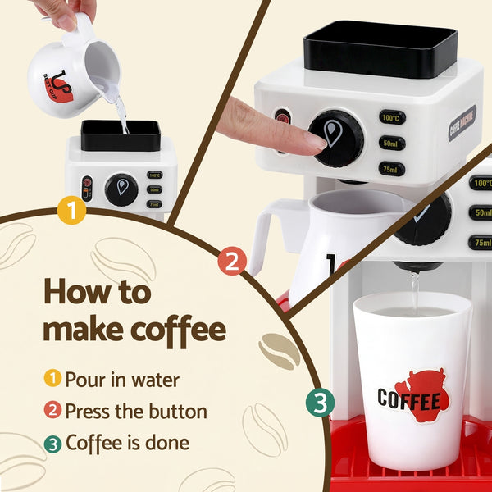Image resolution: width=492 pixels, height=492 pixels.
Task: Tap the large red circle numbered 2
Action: [232, 262]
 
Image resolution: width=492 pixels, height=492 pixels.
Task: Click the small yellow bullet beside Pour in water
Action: [52, 379]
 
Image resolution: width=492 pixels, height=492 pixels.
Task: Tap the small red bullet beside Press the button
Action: [52, 411]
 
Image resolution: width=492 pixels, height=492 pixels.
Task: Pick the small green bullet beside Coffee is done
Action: [52, 444]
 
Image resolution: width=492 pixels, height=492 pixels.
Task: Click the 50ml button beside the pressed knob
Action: [392, 143]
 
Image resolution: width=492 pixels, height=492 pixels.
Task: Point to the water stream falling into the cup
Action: [414, 291]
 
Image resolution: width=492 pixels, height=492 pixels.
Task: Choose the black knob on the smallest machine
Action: [121, 189]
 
